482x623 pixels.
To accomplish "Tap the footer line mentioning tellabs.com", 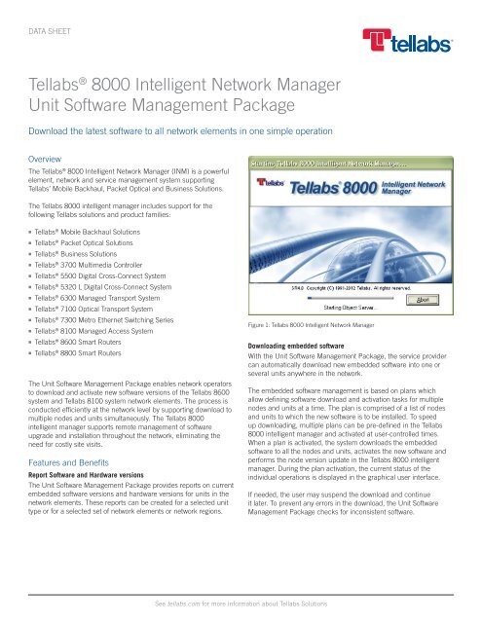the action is coord(241,605).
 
